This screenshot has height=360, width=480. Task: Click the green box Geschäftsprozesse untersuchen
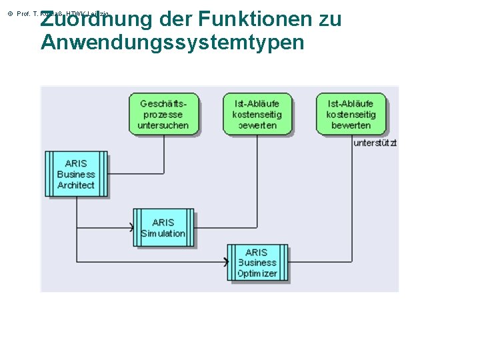click(163, 114)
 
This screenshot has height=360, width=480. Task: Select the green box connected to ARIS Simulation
click(257, 114)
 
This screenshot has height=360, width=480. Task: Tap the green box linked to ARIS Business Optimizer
click(351, 114)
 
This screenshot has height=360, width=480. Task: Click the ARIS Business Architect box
click(76, 174)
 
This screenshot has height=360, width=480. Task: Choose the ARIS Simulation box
click(163, 228)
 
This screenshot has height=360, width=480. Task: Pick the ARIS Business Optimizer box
click(257, 263)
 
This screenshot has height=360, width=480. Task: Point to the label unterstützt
click(375, 143)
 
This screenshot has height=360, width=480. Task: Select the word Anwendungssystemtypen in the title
click(172, 43)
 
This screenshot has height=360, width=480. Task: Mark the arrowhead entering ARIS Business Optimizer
click(225, 262)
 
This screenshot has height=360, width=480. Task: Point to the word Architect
click(76, 185)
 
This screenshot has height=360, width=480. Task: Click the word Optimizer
click(257, 273)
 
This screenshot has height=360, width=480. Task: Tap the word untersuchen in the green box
click(163, 125)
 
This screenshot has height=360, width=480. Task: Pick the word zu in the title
click(330, 19)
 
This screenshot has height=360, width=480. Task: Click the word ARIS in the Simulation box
click(163, 222)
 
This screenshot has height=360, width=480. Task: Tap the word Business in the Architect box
click(76, 175)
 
